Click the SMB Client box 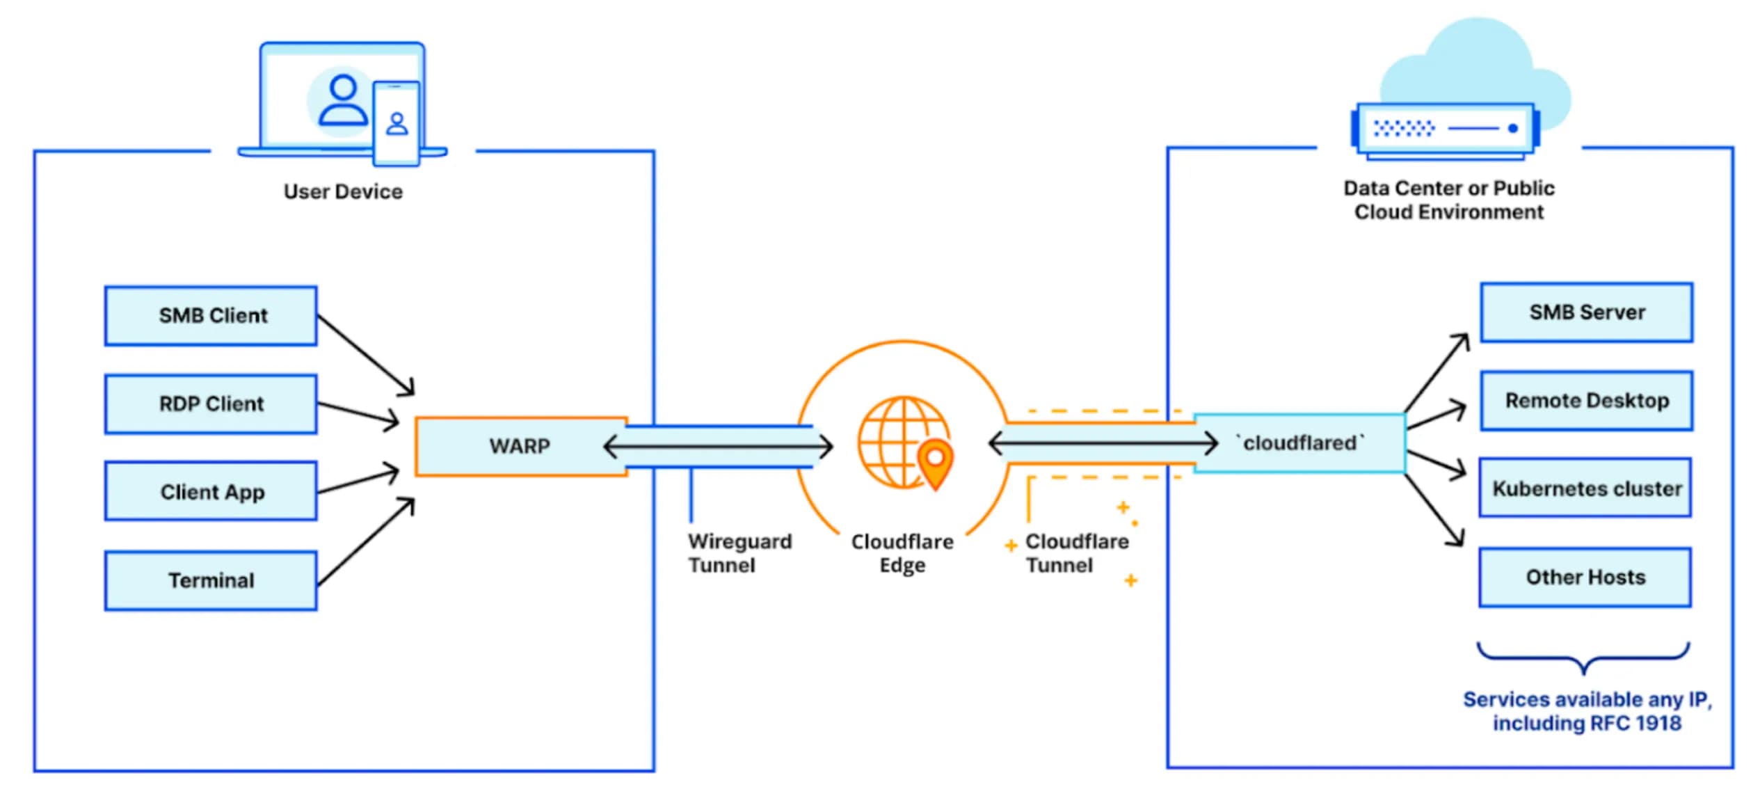pos(211,315)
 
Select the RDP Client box pos(211,404)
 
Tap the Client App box pos(211,491)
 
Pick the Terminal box pos(211,580)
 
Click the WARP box pos(520,445)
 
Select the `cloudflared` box pos(1299,443)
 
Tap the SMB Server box pos(1586,312)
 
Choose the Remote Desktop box pos(1586,400)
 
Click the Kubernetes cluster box pos(1586,488)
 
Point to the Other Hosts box pos(1585,577)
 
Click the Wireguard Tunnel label pos(739,553)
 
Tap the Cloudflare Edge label pos(902,553)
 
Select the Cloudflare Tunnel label pos(1075,553)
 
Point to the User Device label pos(343,191)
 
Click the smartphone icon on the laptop pos(397,123)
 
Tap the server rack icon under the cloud pos(1445,129)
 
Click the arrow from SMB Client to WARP pos(365,354)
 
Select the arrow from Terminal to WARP pos(365,542)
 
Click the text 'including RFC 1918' pos(1586,723)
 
